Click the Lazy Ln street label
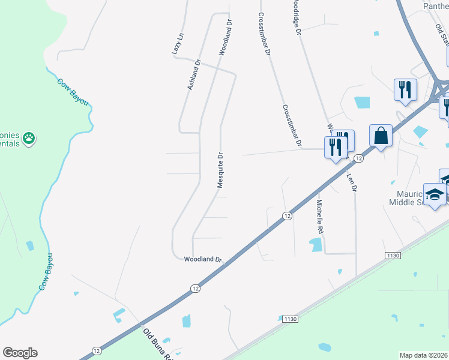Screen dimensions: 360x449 click(x=176, y=44)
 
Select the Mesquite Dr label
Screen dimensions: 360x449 click(x=220, y=170)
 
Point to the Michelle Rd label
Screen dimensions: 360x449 click(x=320, y=217)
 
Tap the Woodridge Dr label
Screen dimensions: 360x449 click(x=296, y=18)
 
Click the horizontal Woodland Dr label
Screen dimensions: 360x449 click(x=203, y=259)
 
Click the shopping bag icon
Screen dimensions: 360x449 click(x=381, y=136)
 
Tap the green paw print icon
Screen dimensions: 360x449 click(x=29, y=140)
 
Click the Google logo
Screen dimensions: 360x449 click(x=20, y=353)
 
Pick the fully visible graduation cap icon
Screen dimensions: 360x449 click(x=435, y=194)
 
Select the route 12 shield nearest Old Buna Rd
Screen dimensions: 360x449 click(x=97, y=350)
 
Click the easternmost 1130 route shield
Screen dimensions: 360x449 click(x=393, y=256)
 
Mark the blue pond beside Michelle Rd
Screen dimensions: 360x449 click(x=314, y=244)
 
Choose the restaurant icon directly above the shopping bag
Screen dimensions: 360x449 click(x=405, y=90)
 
